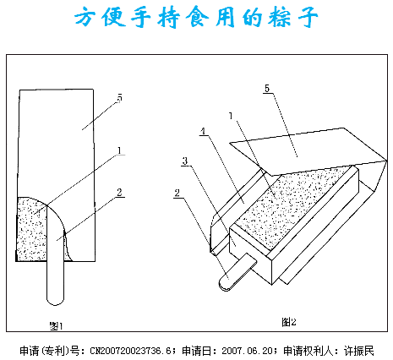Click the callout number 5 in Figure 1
(120, 98)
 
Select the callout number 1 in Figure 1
(120, 150)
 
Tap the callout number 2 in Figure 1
(120, 193)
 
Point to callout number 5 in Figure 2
(267, 88)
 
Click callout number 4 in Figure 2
(203, 131)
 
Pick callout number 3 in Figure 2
(185, 161)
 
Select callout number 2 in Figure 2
(177, 193)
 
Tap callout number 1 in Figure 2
(231, 116)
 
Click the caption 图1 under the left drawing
(56, 326)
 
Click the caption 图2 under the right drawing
(289, 321)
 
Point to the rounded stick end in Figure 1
(55, 301)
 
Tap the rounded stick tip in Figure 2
(224, 284)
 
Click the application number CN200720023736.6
(131, 351)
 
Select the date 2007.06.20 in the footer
(247, 351)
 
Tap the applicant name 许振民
(359, 351)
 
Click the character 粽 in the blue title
(279, 17)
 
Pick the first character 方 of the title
(85, 17)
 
